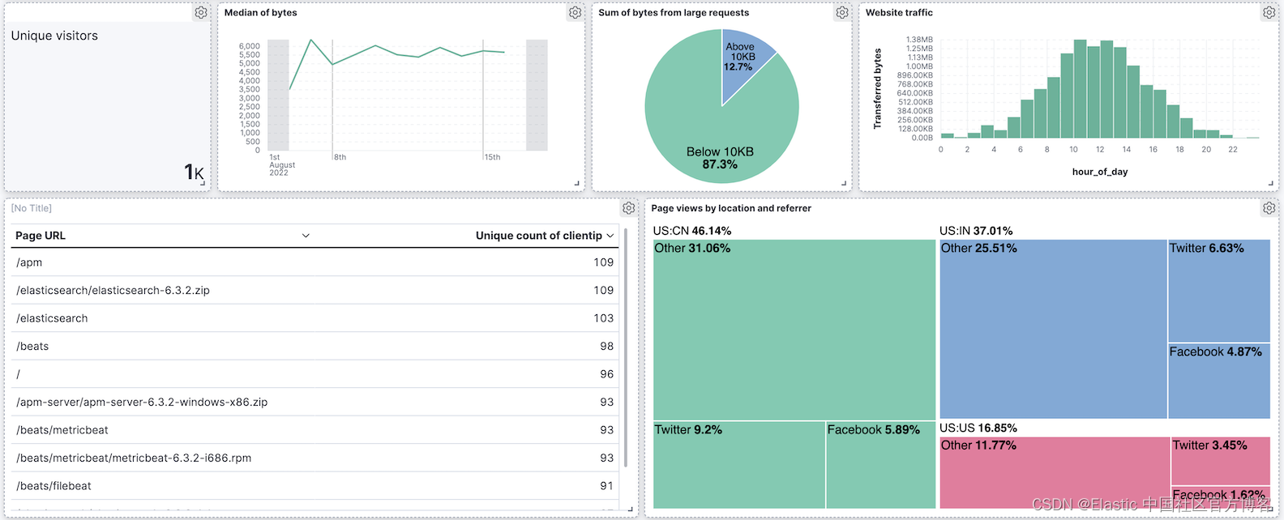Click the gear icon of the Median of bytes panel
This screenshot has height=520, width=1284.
click(x=575, y=13)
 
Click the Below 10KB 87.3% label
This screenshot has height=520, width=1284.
click(x=720, y=158)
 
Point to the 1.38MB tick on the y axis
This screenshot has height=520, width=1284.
click(x=919, y=40)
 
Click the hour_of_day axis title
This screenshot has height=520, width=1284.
click(x=1099, y=172)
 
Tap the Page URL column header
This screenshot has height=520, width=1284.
click(x=41, y=236)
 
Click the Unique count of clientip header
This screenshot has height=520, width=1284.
click(x=538, y=236)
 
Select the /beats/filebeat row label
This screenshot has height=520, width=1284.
click(x=53, y=486)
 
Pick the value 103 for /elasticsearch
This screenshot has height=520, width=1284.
click(x=603, y=318)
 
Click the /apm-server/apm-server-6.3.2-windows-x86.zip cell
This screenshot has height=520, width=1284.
click(x=142, y=402)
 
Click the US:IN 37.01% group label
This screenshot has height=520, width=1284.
click(x=976, y=231)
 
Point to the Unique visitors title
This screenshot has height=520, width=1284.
click(x=54, y=36)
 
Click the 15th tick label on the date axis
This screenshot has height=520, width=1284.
click(x=492, y=157)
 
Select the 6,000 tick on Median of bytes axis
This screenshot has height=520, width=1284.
click(x=249, y=46)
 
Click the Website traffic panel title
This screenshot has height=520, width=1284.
click(x=899, y=13)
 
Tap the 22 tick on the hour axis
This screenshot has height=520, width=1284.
click(x=1232, y=149)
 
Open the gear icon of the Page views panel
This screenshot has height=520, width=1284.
click(x=1269, y=208)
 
